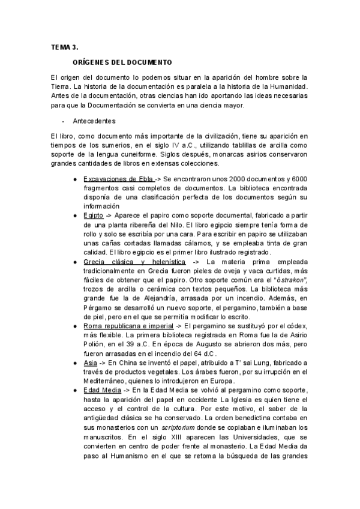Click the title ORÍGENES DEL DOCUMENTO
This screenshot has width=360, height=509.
pos(122,62)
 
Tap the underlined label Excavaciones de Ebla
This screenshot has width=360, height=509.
pos(118,179)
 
